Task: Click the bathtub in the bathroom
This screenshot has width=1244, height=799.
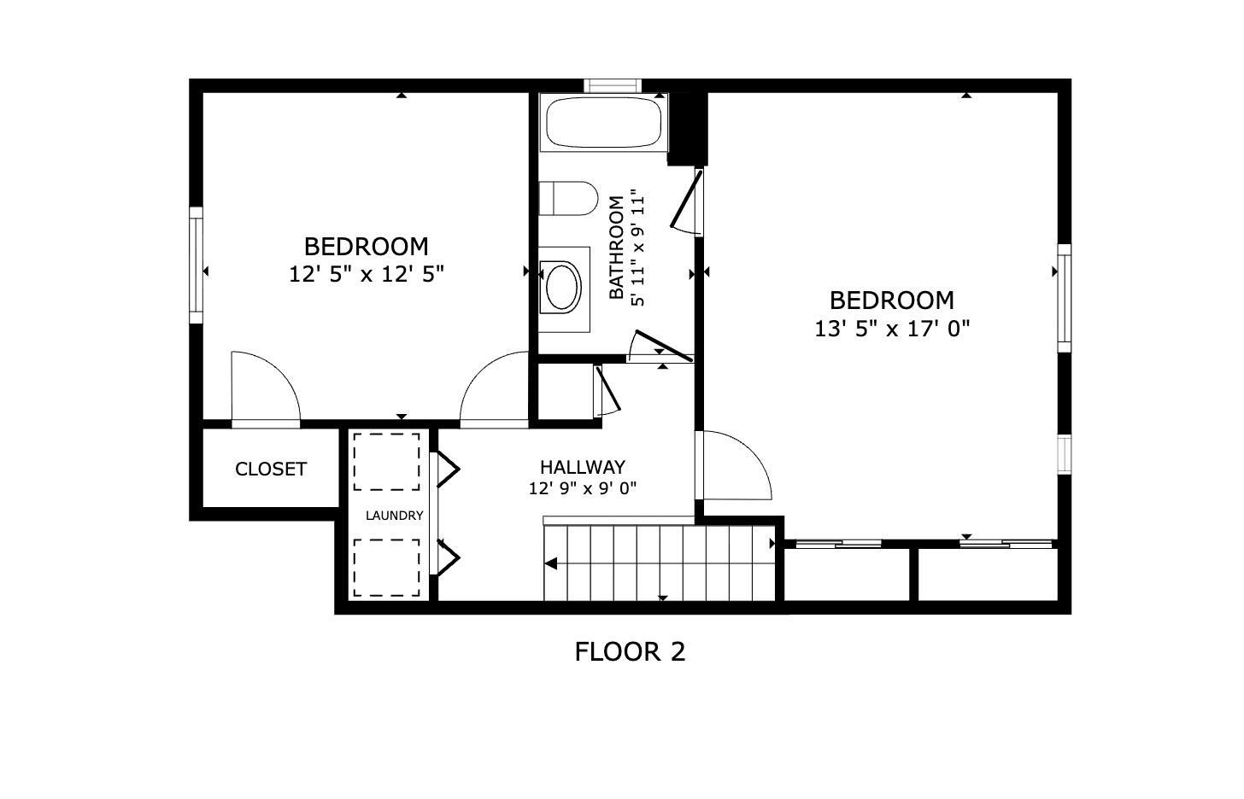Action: click(603, 124)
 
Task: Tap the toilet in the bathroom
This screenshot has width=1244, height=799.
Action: click(572, 199)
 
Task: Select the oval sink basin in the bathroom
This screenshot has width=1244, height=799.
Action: click(563, 287)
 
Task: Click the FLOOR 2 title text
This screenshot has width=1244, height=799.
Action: click(630, 652)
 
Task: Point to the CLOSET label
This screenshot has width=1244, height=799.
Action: click(271, 469)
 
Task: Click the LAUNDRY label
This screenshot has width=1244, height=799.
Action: click(394, 516)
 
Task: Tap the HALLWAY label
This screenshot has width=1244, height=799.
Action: click(583, 467)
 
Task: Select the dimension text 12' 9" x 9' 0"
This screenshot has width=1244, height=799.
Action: click(583, 489)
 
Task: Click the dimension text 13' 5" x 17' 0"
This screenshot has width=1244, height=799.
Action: click(892, 329)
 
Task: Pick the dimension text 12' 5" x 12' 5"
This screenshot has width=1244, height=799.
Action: click(367, 274)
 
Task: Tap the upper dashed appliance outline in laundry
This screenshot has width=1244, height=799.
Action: click(387, 462)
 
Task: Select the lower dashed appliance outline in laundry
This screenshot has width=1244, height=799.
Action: click(387, 568)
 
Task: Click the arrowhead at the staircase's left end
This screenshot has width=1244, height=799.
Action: click(551, 563)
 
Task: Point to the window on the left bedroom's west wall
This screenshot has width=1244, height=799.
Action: click(196, 265)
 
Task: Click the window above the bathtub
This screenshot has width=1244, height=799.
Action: click(612, 85)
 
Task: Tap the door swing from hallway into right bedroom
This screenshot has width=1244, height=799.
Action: click(735, 466)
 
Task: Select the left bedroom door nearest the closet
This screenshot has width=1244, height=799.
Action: click(265, 388)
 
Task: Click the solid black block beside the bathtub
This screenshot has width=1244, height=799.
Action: click(688, 128)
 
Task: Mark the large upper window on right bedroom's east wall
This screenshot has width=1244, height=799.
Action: click(1065, 298)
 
